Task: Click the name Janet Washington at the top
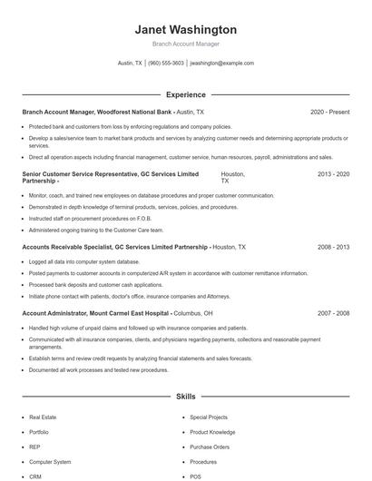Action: click(186, 30)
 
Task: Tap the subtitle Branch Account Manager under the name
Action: click(186, 44)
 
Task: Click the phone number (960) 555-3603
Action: click(166, 64)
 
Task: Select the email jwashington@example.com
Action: click(222, 64)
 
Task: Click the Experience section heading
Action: click(186, 94)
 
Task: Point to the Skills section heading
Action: click(186, 397)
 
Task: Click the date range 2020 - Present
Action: click(329, 112)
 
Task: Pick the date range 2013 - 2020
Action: click(333, 172)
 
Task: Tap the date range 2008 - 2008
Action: click(333, 247)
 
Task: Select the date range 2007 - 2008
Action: click(333, 313)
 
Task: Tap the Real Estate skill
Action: click(42, 417)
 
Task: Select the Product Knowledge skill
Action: click(212, 432)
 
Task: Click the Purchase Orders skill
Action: click(209, 447)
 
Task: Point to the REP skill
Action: click(34, 447)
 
